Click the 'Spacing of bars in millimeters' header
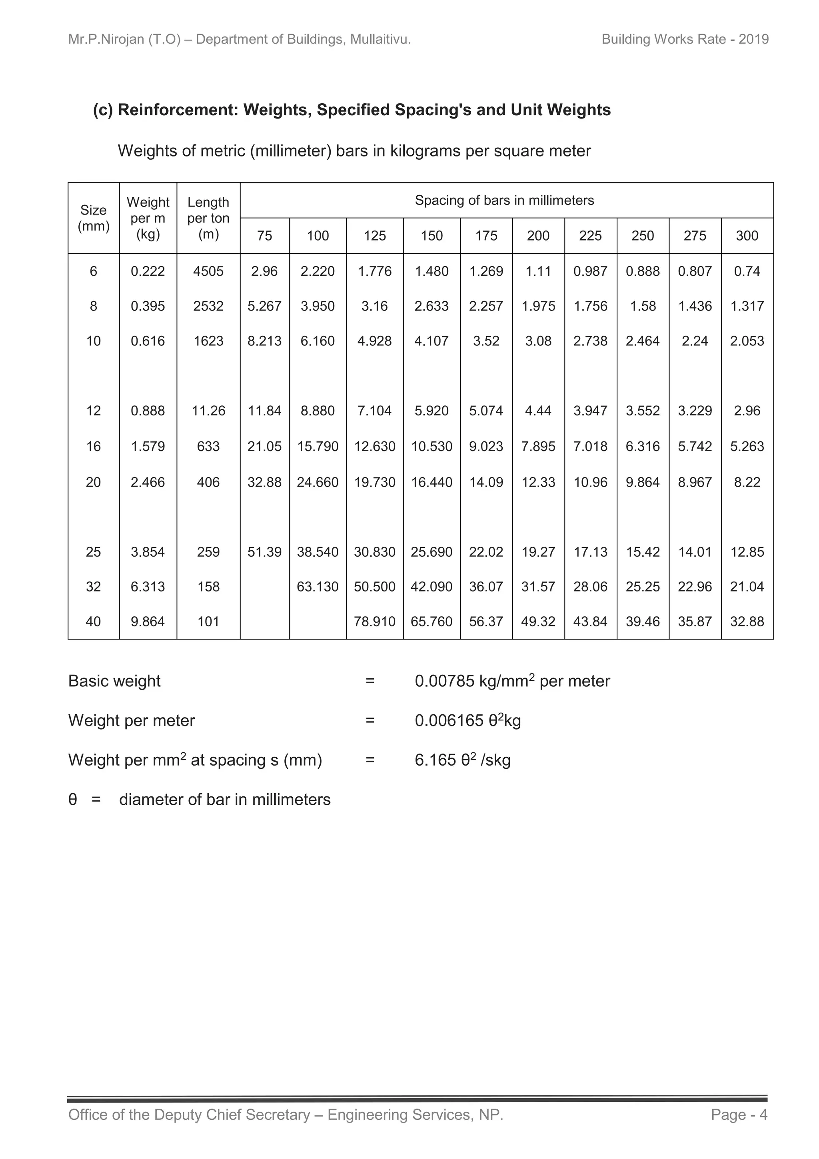504,201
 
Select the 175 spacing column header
486,236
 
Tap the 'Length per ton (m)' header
208,218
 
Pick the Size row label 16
93,446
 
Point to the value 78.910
375,622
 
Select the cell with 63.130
318,587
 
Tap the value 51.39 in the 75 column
264,552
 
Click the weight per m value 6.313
148,587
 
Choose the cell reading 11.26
208,411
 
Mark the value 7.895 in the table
538,446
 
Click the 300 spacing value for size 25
747,552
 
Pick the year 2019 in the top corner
753,39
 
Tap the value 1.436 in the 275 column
695,306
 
